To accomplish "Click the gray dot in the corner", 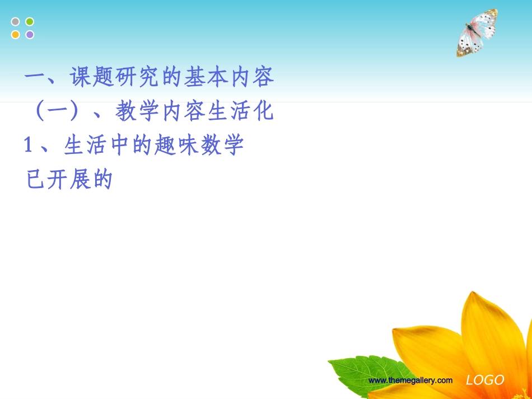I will pyautogui.click(x=16, y=22).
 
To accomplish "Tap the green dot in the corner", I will pyautogui.click(x=30, y=22).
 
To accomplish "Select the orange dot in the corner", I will pyautogui.click(x=16, y=35).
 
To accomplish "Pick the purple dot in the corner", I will pyautogui.click(x=30, y=35).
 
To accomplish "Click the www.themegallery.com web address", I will pyautogui.click(x=410, y=381).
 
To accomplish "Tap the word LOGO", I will pyautogui.click(x=485, y=381).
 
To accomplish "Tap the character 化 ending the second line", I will pyautogui.click(x=263, y=111).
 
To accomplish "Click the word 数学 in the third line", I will pyautogui.click(x=221, y=145).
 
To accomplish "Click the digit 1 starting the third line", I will pyautogui.click(x=29, y=145).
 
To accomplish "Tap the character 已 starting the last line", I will pyautogui.click(x=35, y=180).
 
